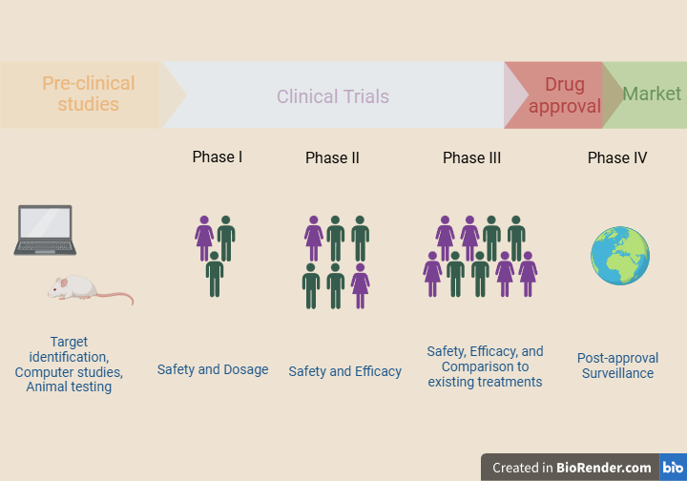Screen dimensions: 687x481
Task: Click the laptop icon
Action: pyautogui.click(x=45, y=230)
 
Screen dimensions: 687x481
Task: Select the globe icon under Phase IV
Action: pyautogui.click(x=620, y=256)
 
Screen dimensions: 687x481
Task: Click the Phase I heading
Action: pyautogui.click(x=218, y=157)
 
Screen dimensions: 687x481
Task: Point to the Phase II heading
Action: pyautogui.click(x=332, y=157)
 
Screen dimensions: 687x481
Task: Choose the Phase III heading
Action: pyautogui.click(x=471, y=157)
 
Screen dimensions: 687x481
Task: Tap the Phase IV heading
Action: pyautogui.click(x=617, y=157)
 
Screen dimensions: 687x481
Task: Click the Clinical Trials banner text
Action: pyautogui.click(x=333, y=96)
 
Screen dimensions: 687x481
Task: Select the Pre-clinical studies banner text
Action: pyautogui.click(x=89, y=94)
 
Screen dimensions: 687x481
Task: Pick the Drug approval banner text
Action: pyautogui.click(x=565, y=95)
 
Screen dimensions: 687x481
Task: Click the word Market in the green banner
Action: pyautogui.click(x=652, y=94)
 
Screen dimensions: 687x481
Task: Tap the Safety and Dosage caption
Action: pyautogui.click(x=213, y=369)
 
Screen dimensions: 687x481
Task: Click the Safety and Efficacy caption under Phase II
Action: pyautogui.click(x=344, y=371)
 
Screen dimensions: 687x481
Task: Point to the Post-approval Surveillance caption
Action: pyautogui.click(x=617, y=366)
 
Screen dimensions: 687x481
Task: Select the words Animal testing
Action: pyautogui.click(x=69, y=387)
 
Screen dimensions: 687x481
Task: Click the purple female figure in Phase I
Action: pyautogui.click(x=204, y=238)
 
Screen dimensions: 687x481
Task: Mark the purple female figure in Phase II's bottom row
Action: pyautogui.click(x=360, y=285)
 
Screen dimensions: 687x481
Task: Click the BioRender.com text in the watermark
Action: pyautogui.click(x=604, y=468)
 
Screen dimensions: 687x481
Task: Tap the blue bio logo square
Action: pyautogui.click(x=673, y=467)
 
